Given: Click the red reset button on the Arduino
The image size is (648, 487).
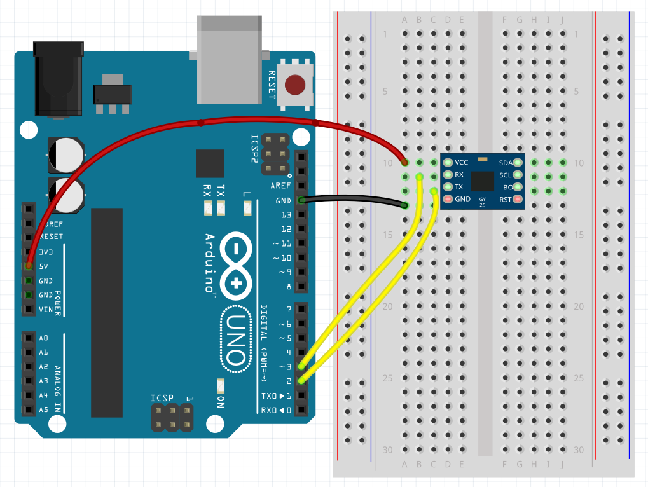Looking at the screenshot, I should (295, 85).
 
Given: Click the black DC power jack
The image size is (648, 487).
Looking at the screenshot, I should (58, 79).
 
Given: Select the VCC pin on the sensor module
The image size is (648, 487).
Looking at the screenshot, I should (448, 162).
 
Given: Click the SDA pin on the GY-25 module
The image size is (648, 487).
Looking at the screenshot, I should (518, 163).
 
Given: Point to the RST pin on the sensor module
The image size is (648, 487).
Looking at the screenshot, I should (518, 200).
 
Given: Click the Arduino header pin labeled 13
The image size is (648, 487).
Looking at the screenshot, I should (301, 215).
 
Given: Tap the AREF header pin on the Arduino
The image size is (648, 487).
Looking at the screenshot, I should (301, 186).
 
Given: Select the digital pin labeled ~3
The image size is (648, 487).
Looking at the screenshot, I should (301, 367).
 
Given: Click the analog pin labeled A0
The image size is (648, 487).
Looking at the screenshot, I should (28, 338).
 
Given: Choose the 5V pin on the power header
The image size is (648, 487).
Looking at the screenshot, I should (28, 266).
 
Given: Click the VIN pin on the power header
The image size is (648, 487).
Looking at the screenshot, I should (28, 310).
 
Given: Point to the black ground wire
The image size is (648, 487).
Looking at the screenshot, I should (353, 201).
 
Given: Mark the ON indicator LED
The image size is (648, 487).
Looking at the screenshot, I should (221, 385).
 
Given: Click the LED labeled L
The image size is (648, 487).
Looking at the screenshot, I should (247, 207).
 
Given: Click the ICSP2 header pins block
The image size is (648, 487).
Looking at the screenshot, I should (276, 154).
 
